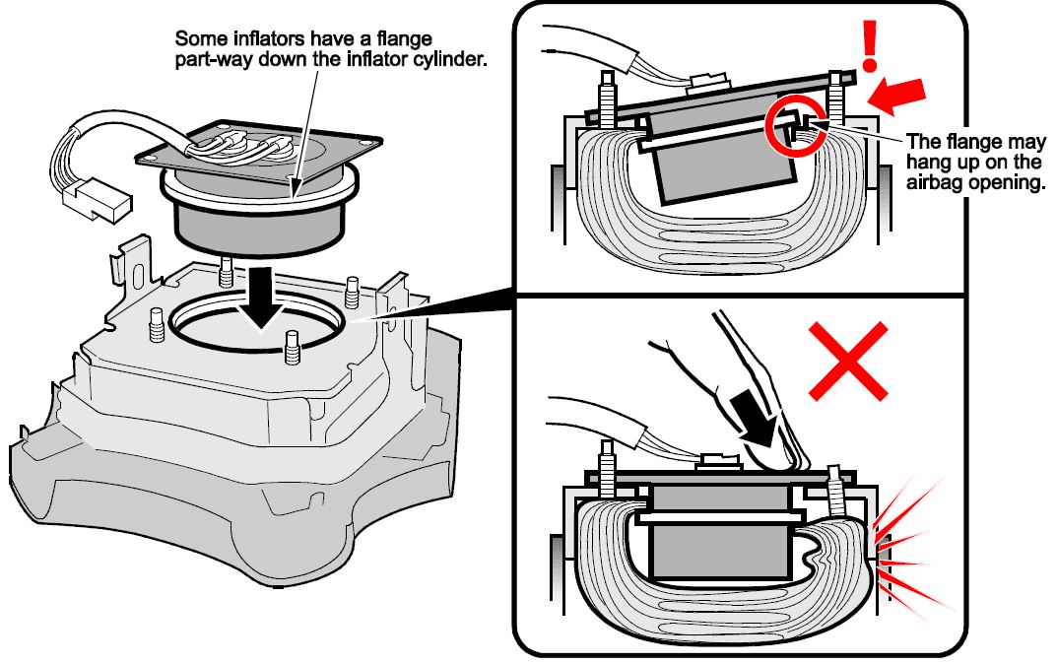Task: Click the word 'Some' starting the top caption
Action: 197,39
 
